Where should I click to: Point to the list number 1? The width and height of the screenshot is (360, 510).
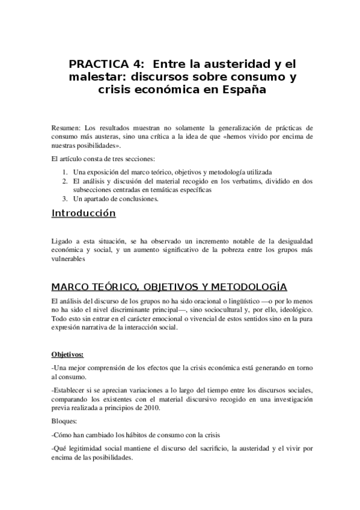tap(64, 171)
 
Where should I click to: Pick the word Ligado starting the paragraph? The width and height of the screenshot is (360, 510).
tap(63, 241)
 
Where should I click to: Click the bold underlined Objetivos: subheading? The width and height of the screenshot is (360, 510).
tap(67, 354)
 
